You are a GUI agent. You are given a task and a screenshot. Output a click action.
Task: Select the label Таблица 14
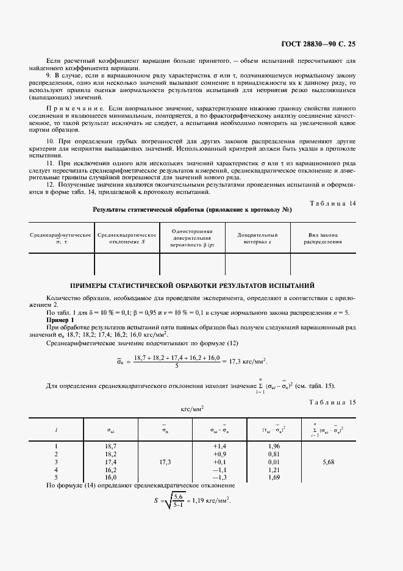(351, 203)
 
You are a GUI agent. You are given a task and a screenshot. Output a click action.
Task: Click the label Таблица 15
(351, 401)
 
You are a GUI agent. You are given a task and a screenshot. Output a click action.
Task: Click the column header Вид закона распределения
(323, 238)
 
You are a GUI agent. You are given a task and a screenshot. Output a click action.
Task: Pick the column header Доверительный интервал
(257, 238)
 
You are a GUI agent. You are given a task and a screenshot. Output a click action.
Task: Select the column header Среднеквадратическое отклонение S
(126, 238)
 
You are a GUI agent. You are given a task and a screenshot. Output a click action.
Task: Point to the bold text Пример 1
(60, 320)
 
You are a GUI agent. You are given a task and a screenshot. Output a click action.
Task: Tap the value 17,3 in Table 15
(165, 462)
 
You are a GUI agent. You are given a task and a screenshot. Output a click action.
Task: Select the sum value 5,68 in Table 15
(326, 462)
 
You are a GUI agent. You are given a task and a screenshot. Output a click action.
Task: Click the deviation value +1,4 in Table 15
(219, 447)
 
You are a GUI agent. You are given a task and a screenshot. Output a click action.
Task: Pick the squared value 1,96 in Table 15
(273, 447)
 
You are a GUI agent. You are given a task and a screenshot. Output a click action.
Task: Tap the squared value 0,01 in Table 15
(273, 462)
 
